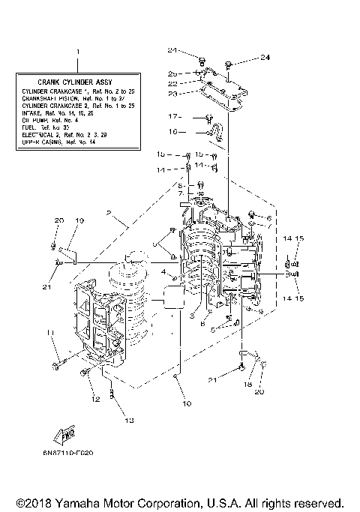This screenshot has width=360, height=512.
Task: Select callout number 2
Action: click(x=109, y=214)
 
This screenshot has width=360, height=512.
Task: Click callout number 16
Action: click(x=172, y=132)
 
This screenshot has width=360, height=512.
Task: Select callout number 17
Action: click(x=172, y=117)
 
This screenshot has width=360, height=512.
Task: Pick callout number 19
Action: click(x=79, y=220)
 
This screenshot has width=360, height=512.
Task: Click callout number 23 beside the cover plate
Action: click(x=172, y=94)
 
